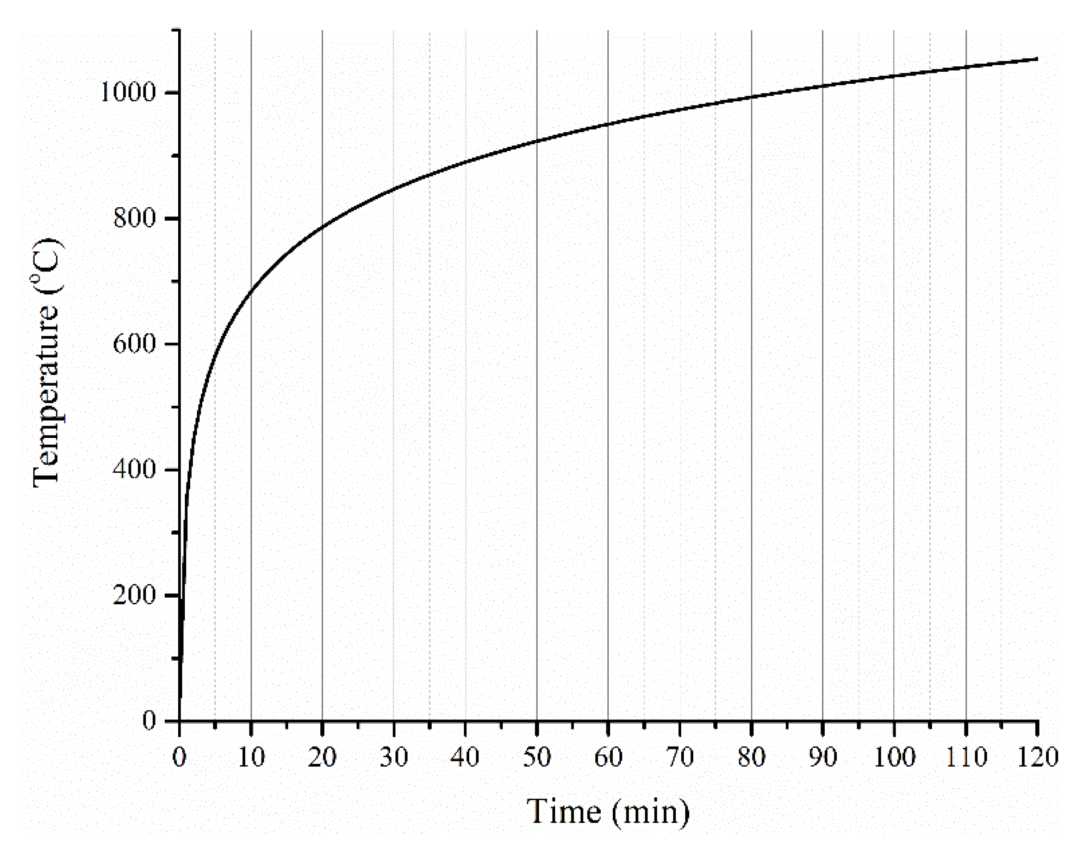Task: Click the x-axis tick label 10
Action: (x=251, y=757)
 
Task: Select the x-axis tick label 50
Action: (x=537, y=757)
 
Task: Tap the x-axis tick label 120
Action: (x=1037, y=757)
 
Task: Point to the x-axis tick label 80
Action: (x=751, y=757)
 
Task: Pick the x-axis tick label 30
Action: (x=394, y=757)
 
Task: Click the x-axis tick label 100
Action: (x=894, y=757)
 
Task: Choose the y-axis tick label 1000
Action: (x=128, y=92)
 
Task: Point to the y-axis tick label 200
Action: (x=134, y=595)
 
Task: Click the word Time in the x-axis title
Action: (x=564, y=812)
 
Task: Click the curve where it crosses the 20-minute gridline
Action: (x=322, y=227)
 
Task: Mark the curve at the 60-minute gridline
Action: (x=608, y=123)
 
